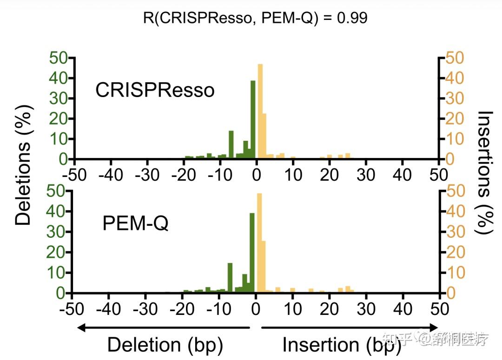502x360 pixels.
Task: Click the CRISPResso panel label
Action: pyautogui.click(x=155, y=90)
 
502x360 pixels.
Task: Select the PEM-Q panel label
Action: pyautogui.click(x=135, y=224)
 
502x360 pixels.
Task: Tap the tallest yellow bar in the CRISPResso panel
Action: pyautogui.click(x=260, y=111)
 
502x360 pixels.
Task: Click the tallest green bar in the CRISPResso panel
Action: pyautogui.click(x=253, y=120)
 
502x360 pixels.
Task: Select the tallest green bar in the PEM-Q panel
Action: pyautogui.click(x=252, y=253)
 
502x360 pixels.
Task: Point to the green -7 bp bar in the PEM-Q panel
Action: pyautogui.click(x=230, y=278)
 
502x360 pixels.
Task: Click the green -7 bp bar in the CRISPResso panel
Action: pyautogui.click(x=231, y=145)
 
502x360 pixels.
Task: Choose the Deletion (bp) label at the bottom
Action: pyautogui.click(x=165, y=345)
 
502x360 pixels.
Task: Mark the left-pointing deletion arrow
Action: pyautogui.click(x=163, y=327)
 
